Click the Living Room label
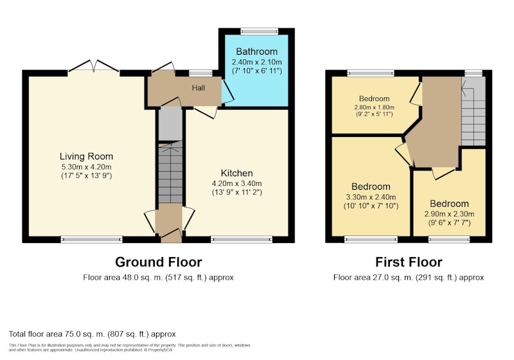click(86, 156)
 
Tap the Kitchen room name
click(236, 173)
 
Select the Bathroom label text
click(256, 51)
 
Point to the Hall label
click(199, 88)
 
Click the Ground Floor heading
click(158, 262)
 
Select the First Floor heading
click(409, 262)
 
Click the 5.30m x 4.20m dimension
click(86, 167)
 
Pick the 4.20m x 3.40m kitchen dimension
click(236, 184)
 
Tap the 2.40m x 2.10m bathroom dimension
click(256, 62)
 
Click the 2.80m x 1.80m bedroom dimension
click(374, 107)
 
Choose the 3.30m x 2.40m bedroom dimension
click(371, 197)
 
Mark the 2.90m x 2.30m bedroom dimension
click(449, 214)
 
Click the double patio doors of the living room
click(94, 66)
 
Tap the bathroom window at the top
click(260, 32)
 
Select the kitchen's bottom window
click(242, 240)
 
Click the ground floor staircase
click(170, 172)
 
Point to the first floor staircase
click(474, 111)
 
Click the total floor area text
click(92, 334)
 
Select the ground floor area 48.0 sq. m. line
click(158, 277)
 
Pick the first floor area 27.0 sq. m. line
click(409, 277)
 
